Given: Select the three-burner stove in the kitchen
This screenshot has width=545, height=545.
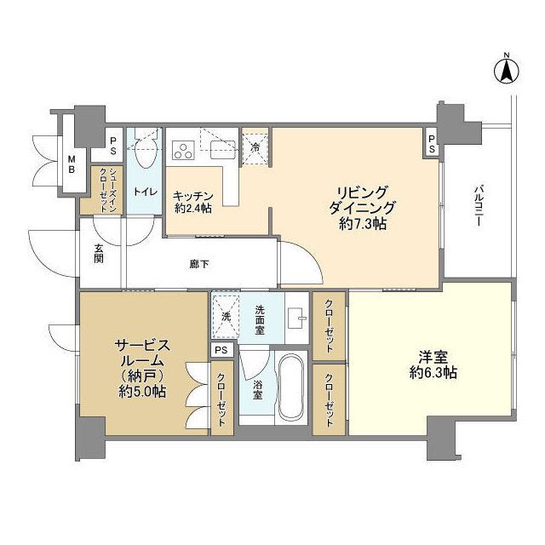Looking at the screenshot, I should (x=182, y=152).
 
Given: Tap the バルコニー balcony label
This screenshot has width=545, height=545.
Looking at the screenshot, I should (x=479, y=204).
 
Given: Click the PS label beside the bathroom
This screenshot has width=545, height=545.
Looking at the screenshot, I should (x=221, y=350).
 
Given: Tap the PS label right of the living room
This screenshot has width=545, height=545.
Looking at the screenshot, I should (x=432, y=143).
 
